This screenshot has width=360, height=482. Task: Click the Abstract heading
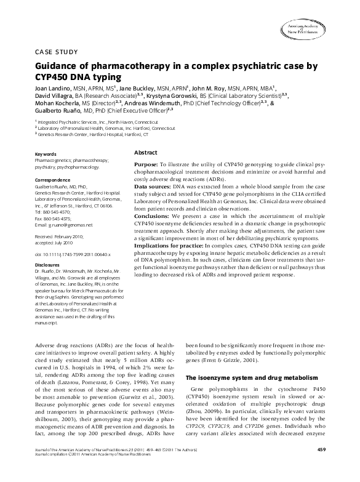(x=145, y=151)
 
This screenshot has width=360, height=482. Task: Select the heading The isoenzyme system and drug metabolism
(x=251, y=377)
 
